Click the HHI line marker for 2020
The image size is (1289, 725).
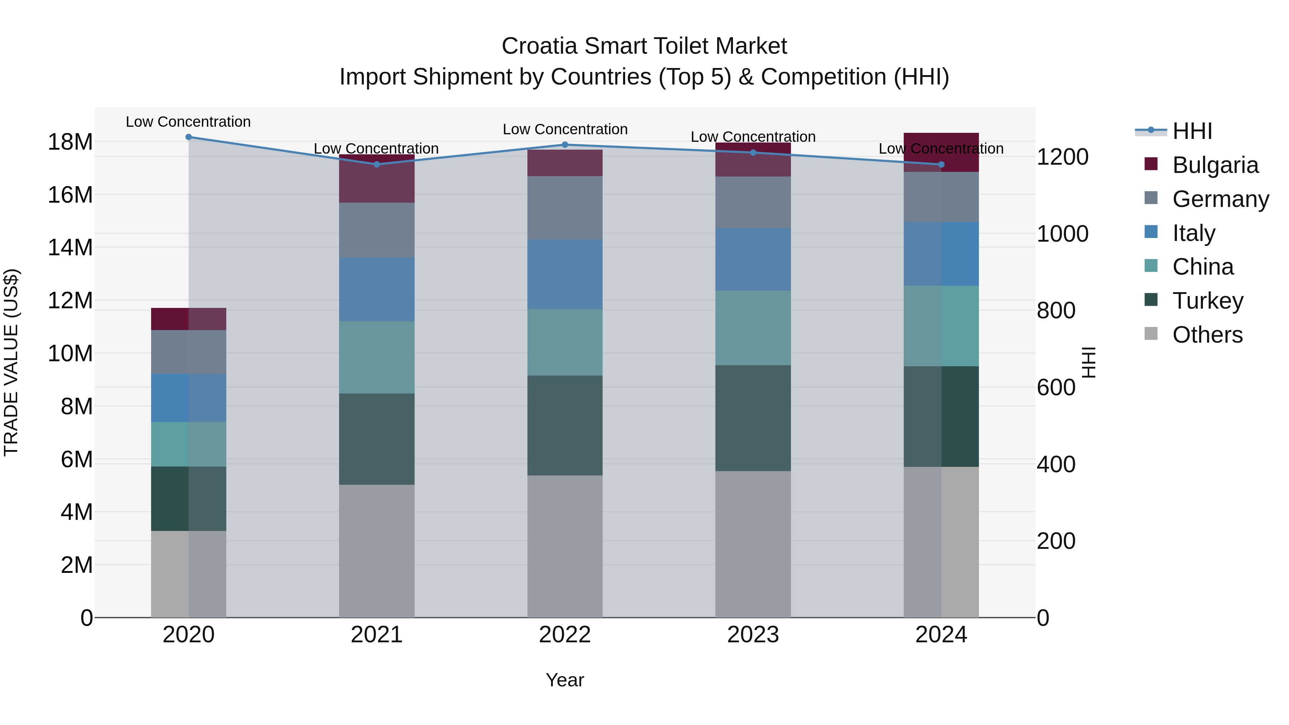tap(189, 137)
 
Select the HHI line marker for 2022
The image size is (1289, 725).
tap(565, 145)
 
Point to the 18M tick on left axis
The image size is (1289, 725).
tap(70, 142)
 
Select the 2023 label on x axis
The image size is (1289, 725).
tap(753, 635)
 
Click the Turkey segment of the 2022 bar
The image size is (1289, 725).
tap(565, 425)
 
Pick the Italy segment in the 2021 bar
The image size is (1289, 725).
tap(377, 289)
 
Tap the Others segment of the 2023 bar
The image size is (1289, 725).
tap(753, 544)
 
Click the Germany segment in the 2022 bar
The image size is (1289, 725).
tap(565, 208)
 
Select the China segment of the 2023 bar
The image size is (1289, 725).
tap(753, 328)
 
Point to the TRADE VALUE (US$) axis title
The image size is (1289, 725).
tap(11, 362)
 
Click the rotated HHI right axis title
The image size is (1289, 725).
tap(1088, 362)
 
